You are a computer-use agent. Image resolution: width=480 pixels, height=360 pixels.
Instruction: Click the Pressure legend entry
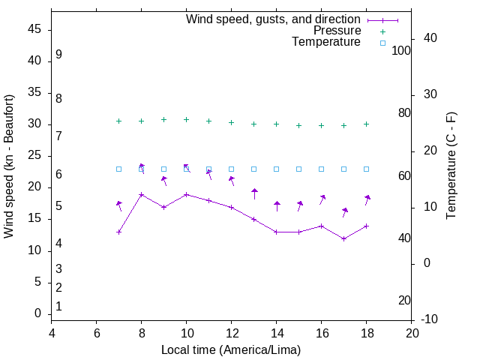337,31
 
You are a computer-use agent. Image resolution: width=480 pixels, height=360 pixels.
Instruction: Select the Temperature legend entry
326,43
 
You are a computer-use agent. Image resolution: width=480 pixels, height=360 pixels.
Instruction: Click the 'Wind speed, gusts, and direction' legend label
273,19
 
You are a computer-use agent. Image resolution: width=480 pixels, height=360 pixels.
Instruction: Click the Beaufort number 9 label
58,55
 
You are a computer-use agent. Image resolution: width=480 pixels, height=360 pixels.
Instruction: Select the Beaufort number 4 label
58,244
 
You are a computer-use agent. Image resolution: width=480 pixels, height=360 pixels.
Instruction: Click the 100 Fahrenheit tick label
401,50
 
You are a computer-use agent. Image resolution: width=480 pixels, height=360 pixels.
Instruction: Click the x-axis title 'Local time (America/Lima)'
231,350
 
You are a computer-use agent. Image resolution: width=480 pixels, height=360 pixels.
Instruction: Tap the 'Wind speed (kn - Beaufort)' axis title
9,166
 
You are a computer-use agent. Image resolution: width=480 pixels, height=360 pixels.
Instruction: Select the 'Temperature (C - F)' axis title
451,166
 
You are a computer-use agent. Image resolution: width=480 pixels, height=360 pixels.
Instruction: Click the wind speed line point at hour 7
118,232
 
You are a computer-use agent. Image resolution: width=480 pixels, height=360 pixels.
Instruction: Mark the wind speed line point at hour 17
343,238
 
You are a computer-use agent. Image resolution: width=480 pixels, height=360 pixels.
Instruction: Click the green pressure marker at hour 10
186,119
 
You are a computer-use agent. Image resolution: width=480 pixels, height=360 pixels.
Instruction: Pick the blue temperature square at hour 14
276,169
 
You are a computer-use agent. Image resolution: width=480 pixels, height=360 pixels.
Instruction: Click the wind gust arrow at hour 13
254,193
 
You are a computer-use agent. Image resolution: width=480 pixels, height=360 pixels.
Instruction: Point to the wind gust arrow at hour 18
367,199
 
